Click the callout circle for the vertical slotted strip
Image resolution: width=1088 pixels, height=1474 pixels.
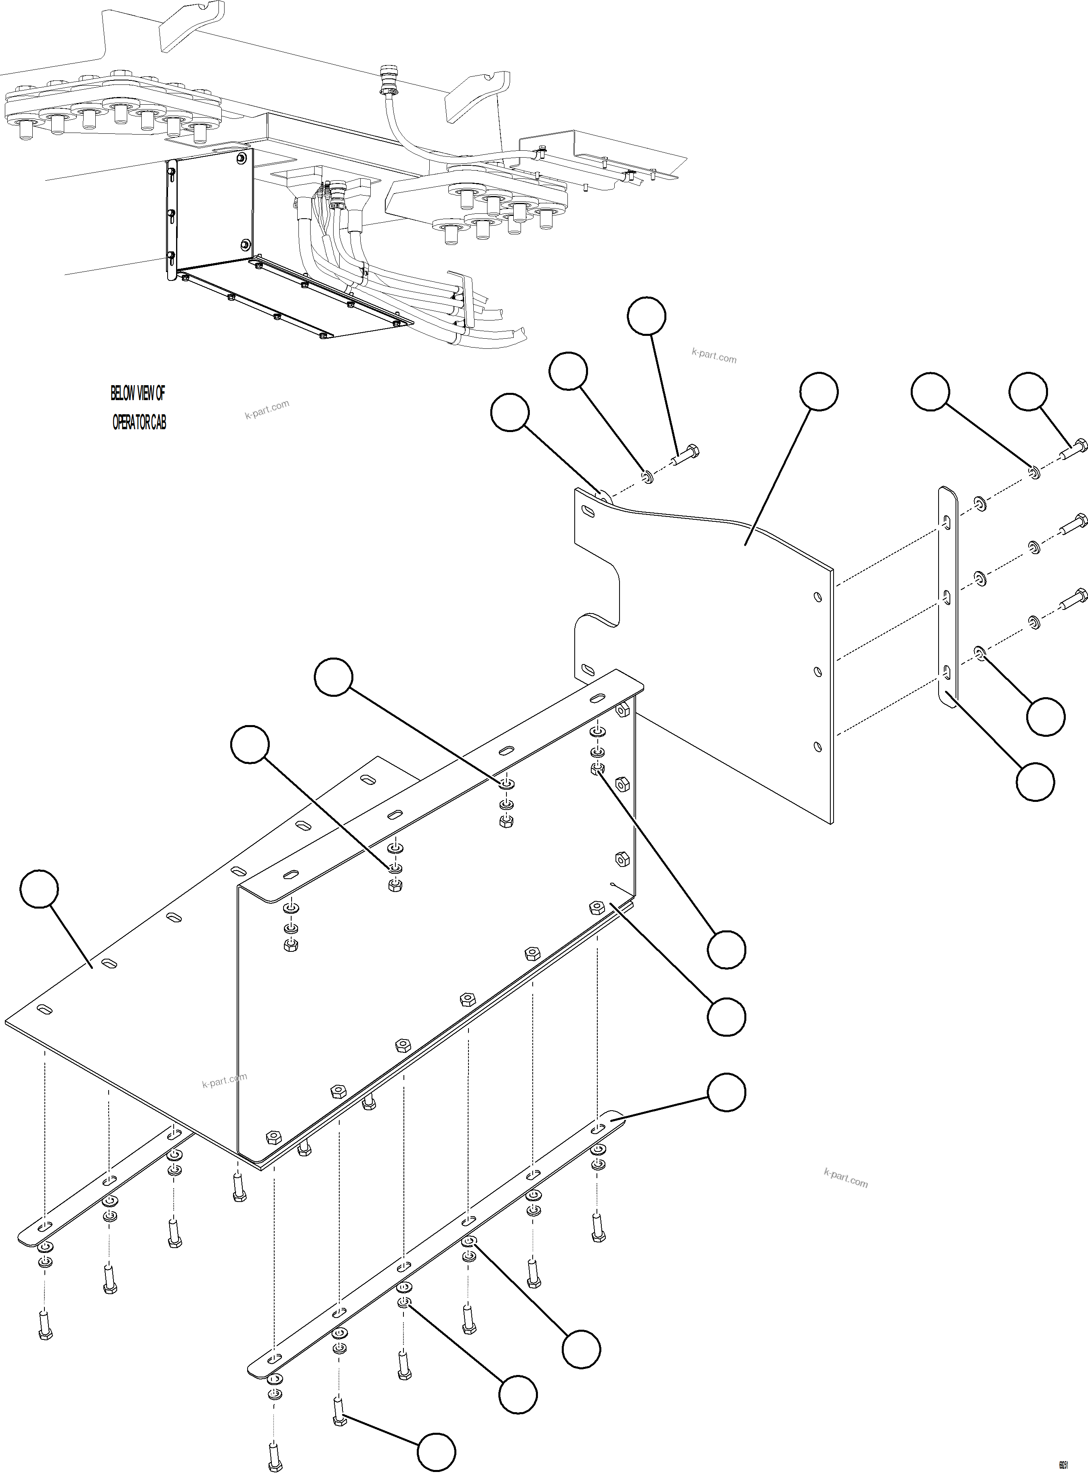[1035, 782]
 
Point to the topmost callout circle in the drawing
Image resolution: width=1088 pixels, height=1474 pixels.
[646, 316]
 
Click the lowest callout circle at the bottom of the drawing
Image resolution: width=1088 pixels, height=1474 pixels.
[437, 1452]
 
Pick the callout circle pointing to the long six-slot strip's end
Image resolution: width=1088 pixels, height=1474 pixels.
[727, 1092]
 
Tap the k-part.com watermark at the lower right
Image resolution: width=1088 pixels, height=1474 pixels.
[846, 1177]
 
